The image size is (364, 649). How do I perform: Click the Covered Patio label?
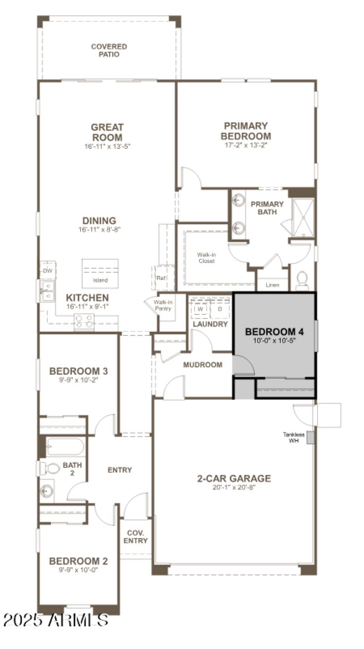(109, 51)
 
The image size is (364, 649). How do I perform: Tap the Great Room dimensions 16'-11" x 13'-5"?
(107, 147)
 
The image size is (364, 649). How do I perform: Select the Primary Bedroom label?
(246, 131)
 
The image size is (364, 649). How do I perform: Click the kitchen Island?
(100, 274)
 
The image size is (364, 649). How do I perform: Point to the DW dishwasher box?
(47, 270)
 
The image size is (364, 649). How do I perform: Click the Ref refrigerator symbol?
(162, 278)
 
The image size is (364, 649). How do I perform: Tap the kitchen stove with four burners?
(84, 321)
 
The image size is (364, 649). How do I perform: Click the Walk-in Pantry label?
(162, 305)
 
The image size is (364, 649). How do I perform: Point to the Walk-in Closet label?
(206, 258)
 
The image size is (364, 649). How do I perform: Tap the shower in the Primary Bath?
(303, 218)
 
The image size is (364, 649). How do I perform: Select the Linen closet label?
(272, 285)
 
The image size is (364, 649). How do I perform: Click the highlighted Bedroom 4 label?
(274, 331)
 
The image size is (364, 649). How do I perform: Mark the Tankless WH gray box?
(311, 437)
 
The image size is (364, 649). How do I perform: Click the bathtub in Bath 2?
(65, 446)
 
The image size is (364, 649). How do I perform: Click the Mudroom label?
(202, 365)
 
